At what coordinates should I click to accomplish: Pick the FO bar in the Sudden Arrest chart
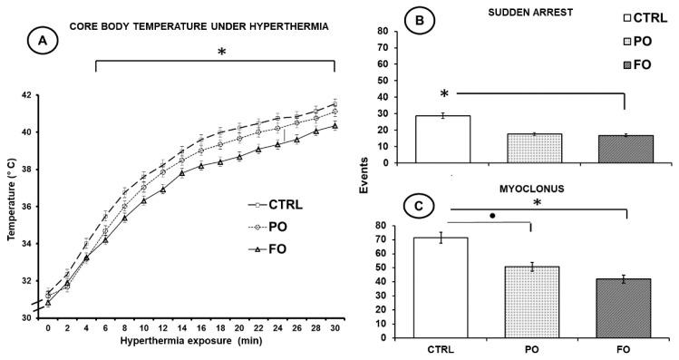coord(625,149)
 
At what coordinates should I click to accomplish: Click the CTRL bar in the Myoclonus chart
coord(441,287)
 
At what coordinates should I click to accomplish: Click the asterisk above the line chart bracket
coord(221,53)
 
